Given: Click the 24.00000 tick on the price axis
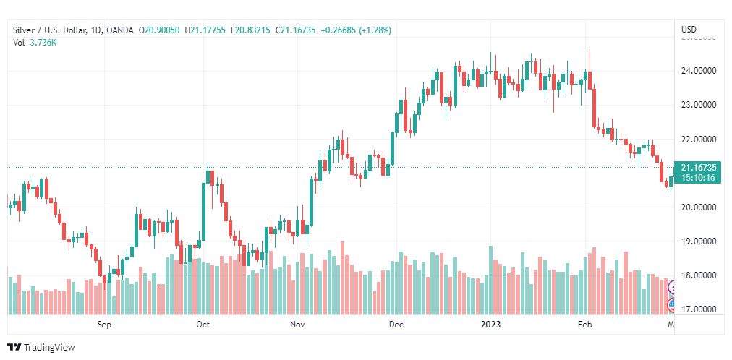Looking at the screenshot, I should point(698,71).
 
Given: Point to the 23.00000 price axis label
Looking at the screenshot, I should point(698,105).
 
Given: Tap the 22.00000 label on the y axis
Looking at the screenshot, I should point(698,139).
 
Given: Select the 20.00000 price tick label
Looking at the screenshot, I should point(698,207).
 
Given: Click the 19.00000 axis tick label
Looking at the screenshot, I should point(698,241).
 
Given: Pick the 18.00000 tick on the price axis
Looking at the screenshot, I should point(698,275).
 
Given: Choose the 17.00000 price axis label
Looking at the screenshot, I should point(698,309).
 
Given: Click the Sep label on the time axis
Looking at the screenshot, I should point(106,325).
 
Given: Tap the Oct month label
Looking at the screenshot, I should point(203,325).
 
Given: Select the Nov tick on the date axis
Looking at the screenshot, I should point(297,325).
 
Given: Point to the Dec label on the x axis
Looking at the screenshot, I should point(396,325).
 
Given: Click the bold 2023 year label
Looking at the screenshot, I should point(491,325).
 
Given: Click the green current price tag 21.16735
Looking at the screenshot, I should point(698,168).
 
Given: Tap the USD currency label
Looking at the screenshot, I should point(689,30).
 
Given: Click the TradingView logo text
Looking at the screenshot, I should point(49,348).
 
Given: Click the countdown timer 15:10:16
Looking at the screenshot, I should point(698,178).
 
